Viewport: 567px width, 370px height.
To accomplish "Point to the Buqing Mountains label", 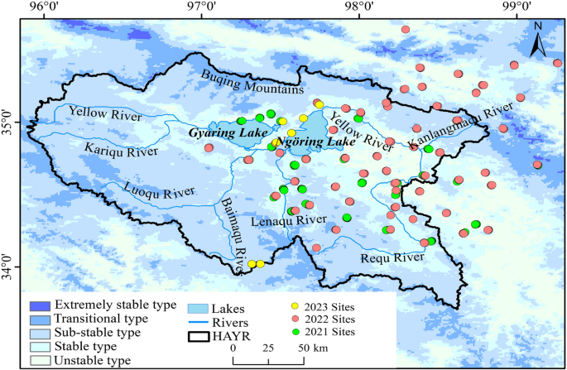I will click(x=252, y=81).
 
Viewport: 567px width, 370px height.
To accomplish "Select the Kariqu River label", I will click(x=122, y=149).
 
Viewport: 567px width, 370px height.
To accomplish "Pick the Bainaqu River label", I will click(x=233, y=230).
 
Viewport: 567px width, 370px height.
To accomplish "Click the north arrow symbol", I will click(x=536, y=39).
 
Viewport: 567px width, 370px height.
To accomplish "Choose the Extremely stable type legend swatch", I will click(x=36, y=305).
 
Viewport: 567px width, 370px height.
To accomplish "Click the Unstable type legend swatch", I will click(x=36, y=361).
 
